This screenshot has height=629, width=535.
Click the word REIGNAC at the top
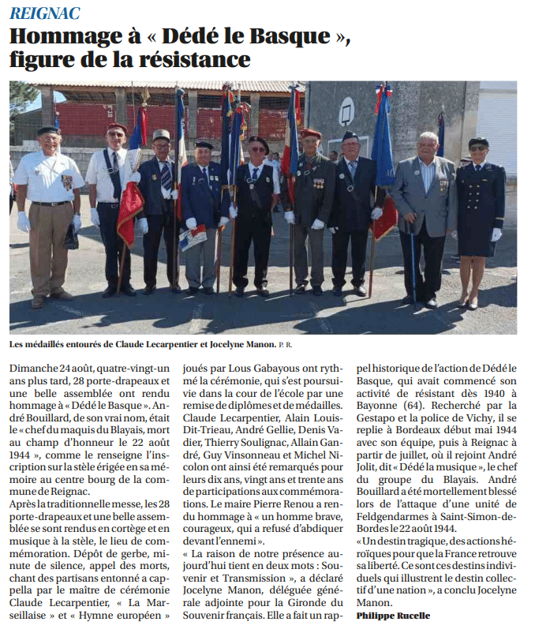44,13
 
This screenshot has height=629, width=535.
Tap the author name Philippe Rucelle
394,615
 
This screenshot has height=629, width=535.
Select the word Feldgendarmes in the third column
394,515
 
